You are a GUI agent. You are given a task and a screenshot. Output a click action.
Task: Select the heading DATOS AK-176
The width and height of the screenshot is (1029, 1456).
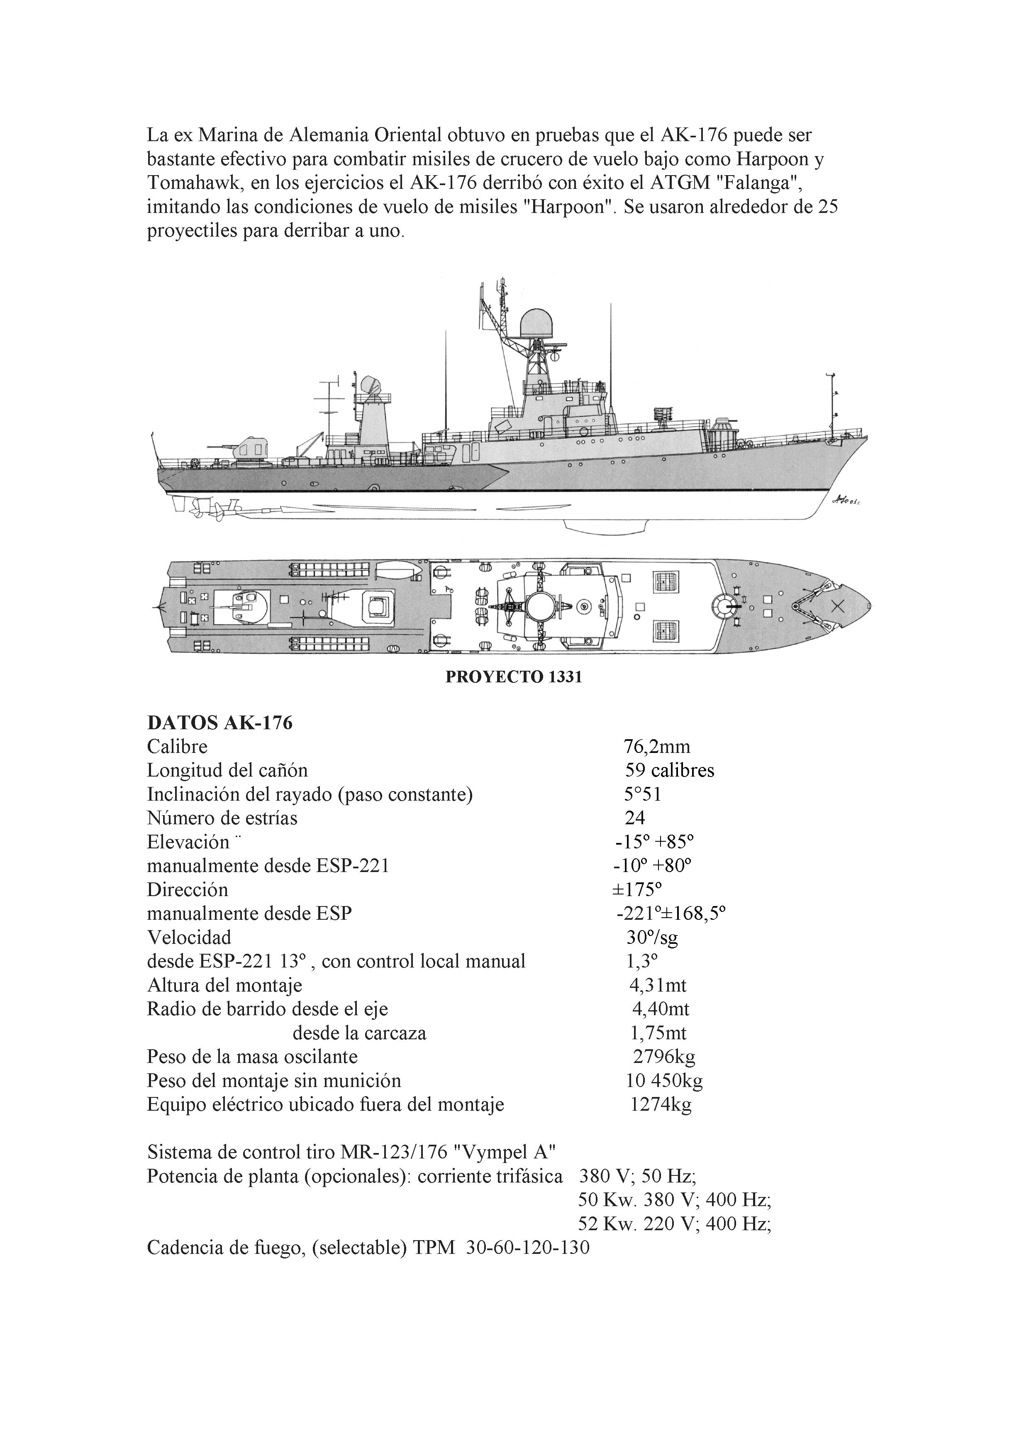[219, 723]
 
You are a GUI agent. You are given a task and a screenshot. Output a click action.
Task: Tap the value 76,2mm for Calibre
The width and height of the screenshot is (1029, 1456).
[657, 747]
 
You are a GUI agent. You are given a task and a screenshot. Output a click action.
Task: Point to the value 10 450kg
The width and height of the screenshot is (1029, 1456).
[664, 1080]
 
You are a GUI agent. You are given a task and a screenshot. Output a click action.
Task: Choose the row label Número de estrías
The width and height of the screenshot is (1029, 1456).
[222, 818]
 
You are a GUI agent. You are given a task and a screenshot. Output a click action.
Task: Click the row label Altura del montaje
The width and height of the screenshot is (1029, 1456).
[224, 985]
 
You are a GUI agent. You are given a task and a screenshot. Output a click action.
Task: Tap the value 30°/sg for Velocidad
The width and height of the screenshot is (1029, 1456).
[652, 938]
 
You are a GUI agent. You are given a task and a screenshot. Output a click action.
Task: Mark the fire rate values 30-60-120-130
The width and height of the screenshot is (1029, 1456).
[527, 1247]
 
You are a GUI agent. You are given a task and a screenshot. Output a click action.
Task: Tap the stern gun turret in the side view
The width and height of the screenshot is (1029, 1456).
[248, 448]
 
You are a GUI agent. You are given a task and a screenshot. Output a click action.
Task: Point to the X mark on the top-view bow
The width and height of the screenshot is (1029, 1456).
[838, 606]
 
